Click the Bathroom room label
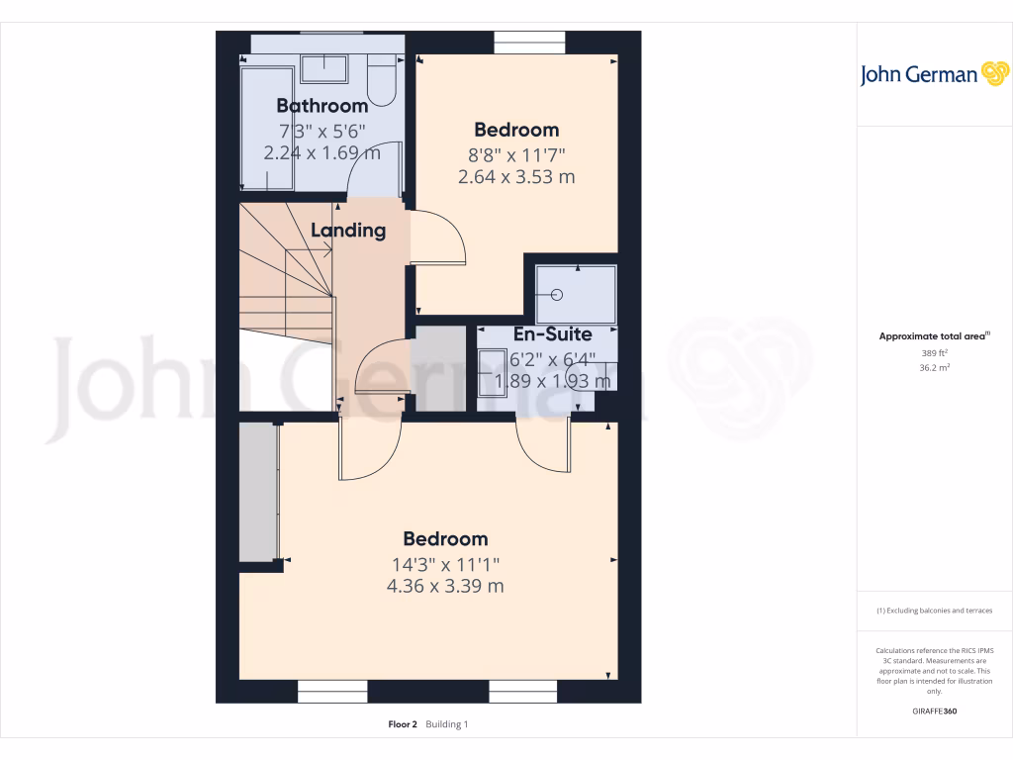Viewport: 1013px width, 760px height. coord(322,106)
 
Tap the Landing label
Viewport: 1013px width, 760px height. coord(347,231)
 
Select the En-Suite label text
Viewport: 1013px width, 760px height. coord(552,334)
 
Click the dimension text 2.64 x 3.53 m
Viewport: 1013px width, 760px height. coord(516,177)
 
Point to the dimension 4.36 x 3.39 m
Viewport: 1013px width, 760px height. coord(445,586)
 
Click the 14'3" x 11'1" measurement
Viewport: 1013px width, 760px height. coord(445,564)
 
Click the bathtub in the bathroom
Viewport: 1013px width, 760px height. coord(267,129)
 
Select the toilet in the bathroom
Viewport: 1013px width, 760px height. coord(380,78)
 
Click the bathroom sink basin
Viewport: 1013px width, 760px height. coord(323,69)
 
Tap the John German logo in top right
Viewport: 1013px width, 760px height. coord(933,74)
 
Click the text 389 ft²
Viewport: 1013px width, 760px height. coord(934,352)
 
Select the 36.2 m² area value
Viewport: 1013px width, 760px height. coord(934,367)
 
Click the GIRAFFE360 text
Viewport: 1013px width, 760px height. coord(934,712)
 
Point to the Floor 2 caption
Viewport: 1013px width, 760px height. coord(404,724)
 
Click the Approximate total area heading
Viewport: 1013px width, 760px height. coord(934,336)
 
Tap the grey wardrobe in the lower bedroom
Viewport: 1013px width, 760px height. coord(257,492)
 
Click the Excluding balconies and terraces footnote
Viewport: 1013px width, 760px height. coord(934,611)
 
